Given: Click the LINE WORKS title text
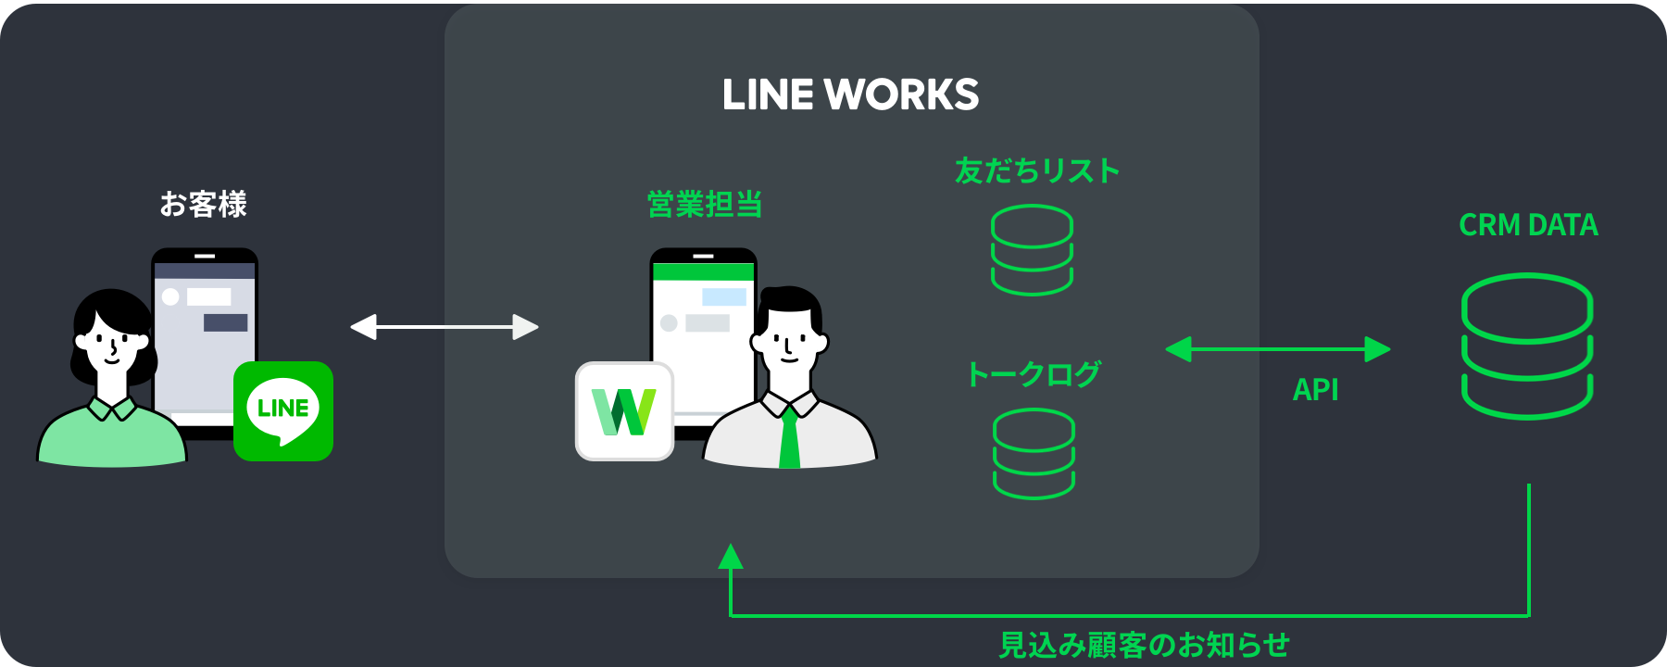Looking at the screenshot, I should (x=850, y=94).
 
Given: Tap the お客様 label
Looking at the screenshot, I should (x=203, y=204).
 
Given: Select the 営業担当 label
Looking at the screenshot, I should (x=705, y=204).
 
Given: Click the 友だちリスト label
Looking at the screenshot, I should (x=1037, y=170).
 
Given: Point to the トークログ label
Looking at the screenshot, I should (x=1033, y=374).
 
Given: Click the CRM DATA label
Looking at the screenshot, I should (x=1528, y=225).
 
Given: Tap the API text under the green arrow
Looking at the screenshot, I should (x=1315, y=390).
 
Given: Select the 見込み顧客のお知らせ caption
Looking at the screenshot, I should (x=1144, y=645).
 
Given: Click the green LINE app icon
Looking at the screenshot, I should (x=283, y=410).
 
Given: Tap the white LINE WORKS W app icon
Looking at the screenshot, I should (x=624, y=411).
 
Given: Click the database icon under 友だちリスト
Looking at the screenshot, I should (x=1032, y=250).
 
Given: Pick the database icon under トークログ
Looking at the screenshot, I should (x=1034, y=454).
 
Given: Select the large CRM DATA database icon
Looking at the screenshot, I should (x=1527, y=346).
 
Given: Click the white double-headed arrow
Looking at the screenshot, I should (x=445, y=327).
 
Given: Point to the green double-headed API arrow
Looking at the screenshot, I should (x=1278, y=349).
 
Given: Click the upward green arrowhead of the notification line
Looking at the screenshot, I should (x=731, y=556).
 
